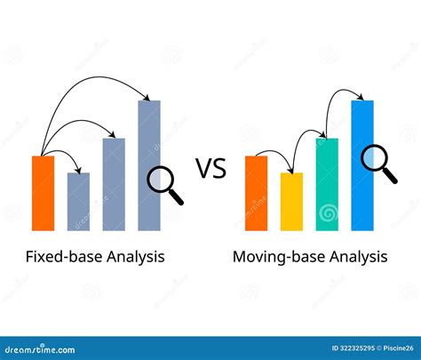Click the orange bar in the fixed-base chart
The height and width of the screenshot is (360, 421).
click(x=43, y=192)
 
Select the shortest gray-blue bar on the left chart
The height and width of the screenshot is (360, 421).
click(x=78, y=201)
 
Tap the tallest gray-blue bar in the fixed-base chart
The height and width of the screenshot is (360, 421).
click(x=149, y=164)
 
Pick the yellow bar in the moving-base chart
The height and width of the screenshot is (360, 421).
click(x=291, y=201)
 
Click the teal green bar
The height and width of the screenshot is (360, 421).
click(x=327, y=183)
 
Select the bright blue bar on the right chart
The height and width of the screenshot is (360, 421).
click(x=362, y=164)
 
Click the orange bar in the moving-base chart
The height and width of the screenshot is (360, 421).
click(x=256, y=192)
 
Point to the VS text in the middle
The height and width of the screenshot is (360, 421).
click(x=211, y=169)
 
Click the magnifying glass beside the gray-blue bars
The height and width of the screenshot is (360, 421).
click(x=163, y=185)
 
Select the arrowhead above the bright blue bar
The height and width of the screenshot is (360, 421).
click(x=363, y=98)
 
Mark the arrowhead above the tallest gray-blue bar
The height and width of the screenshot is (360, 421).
click(x=149, y=97)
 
